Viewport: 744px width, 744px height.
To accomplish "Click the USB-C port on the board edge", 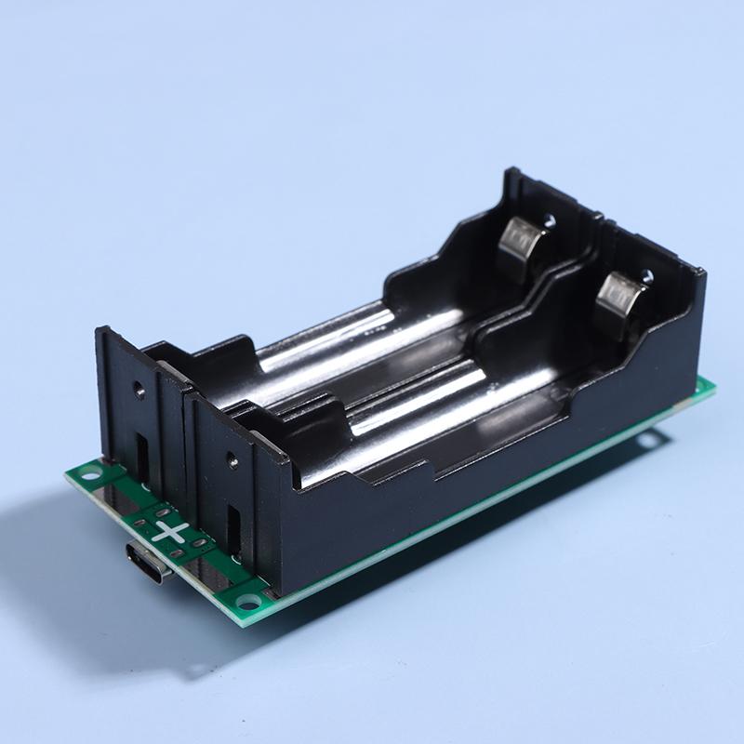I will (x=148, y=563).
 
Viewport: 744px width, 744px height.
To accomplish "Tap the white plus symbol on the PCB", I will (x=171, y=532).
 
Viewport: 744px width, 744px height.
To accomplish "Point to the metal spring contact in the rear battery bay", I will (x=524, y=245).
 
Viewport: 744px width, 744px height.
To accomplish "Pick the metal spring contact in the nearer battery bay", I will (x=620, y=298).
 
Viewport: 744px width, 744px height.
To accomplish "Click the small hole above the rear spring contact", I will (x=550, y=220).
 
